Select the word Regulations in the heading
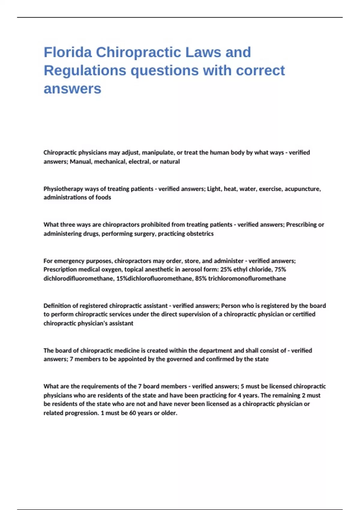85,70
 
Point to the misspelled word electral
138,162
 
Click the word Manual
81,162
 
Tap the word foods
103,197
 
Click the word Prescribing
301,225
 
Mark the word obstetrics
200,234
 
